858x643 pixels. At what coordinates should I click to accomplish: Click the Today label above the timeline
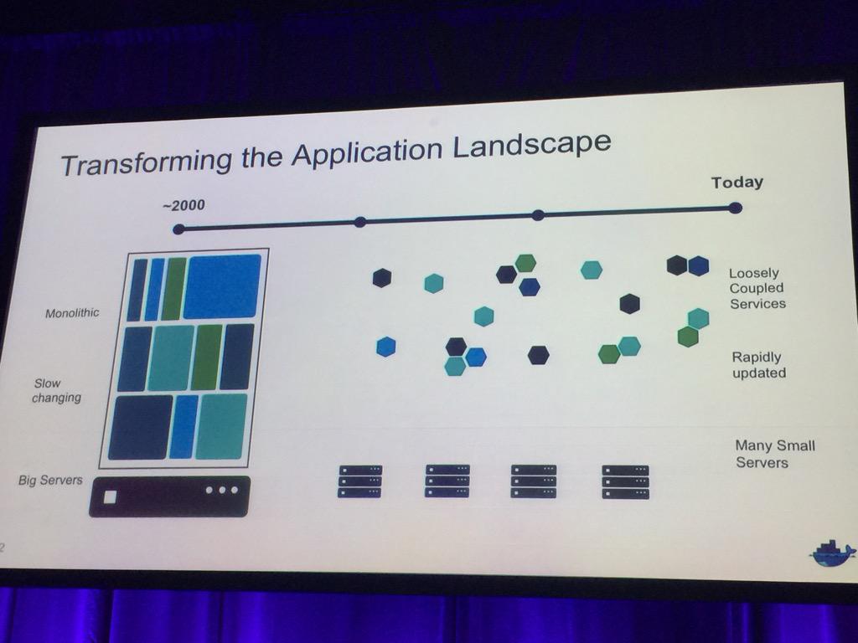(737, 183)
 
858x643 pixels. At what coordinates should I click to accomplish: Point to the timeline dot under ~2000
(178, 229)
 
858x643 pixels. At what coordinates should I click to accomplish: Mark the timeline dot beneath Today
(735, 208)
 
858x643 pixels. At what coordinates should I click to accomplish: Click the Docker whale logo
(832, 553)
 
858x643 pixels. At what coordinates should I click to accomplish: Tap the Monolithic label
(72, 313)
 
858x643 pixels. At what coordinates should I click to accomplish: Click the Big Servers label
(50, 481)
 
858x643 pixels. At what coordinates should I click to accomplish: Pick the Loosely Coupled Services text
(757, 288)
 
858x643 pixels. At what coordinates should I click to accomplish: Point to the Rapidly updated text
(759, 364)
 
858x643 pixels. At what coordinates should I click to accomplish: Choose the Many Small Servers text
(773, 454)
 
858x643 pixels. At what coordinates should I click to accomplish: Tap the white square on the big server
(110, 496)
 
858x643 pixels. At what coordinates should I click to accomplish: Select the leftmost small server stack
(359, 481)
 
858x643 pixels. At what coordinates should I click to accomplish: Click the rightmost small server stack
(625, 482)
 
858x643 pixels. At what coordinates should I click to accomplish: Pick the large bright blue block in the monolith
(222, 285)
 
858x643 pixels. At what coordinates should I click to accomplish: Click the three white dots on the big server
(221, 489)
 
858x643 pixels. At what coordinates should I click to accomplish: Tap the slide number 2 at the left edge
(3, 548)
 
